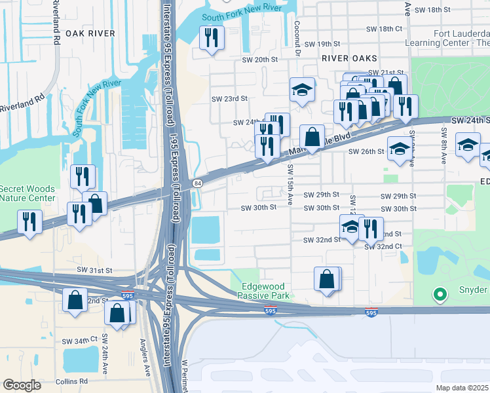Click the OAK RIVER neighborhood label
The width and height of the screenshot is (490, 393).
coord(90,33)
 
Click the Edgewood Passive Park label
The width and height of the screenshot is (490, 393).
coord(265,291)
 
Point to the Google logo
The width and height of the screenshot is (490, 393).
coord(22,385)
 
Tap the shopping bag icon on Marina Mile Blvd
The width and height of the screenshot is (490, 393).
coord(312,137)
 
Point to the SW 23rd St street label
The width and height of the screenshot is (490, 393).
coord(229,99)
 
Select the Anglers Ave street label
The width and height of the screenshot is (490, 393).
coord(145,354)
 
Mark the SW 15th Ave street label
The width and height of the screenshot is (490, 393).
coord(288,178)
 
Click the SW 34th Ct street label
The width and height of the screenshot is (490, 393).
coord(79,341)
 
